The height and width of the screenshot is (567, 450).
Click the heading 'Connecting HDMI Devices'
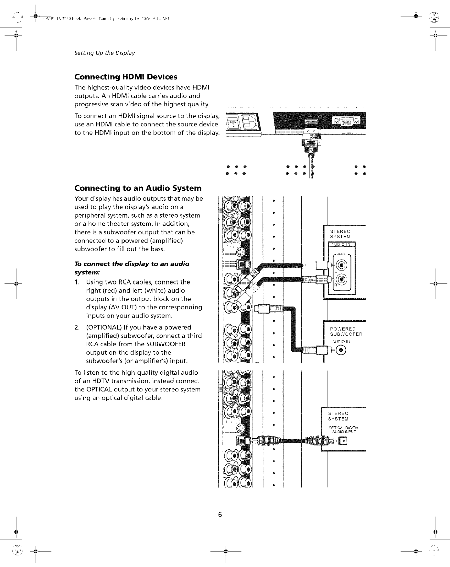126,77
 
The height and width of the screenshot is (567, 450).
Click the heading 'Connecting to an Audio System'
138,188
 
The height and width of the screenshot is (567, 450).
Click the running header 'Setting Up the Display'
104,53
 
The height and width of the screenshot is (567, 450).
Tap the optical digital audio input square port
343,440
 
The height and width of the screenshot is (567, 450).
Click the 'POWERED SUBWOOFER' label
346,332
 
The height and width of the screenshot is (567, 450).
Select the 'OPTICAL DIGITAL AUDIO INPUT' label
342,429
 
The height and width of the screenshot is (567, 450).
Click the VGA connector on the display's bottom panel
346,123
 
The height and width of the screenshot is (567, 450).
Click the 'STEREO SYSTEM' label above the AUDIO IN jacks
340,234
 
